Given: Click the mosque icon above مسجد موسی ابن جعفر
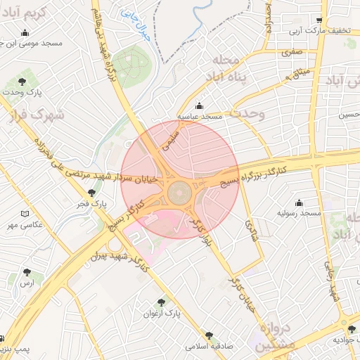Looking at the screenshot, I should pos(26,32).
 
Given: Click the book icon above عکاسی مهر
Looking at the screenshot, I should pos(26,214).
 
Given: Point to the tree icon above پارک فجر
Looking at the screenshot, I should pos(91,193).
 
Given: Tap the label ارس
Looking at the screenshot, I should pos(27,282).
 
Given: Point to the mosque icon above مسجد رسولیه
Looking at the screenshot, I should pos(299,202).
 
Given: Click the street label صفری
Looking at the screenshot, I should pos(292,52).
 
